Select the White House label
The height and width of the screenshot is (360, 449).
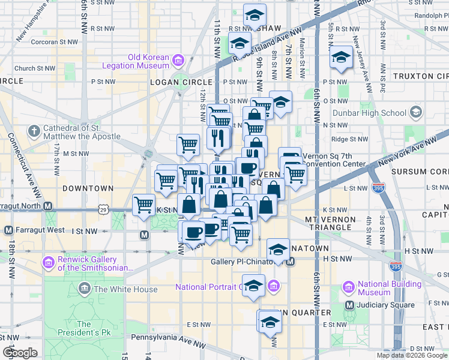125,289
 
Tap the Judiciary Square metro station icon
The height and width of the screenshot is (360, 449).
351,305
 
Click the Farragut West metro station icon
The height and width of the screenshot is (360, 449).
8,230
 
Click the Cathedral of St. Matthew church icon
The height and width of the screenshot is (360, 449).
35,130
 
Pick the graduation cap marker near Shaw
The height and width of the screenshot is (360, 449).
255,14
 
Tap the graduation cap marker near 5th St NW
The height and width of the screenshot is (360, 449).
341,57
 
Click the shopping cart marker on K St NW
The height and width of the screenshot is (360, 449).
144,205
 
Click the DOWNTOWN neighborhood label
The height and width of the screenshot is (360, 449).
88,188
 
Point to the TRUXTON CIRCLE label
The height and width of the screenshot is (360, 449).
420,76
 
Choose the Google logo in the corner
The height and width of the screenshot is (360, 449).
20,353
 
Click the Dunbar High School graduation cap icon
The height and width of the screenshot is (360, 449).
415,112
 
